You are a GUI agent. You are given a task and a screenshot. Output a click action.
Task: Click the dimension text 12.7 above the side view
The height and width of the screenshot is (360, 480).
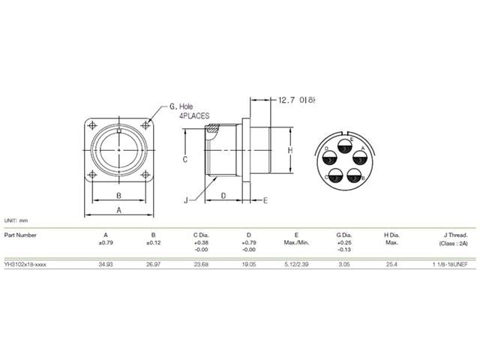[289, 99]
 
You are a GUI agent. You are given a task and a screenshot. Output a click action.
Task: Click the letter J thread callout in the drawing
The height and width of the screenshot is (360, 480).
[184, 201]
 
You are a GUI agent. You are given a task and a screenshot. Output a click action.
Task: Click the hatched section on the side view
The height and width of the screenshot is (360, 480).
[213, 129]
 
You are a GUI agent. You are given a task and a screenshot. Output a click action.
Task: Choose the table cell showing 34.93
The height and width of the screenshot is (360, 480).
[106, 265]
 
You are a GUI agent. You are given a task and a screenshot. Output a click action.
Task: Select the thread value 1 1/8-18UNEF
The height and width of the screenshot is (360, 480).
[449, 265]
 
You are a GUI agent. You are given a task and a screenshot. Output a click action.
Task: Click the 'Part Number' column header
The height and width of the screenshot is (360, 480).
[20, 234]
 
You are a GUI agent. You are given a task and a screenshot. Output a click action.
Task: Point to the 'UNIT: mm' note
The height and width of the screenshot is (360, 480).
[16, 220]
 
